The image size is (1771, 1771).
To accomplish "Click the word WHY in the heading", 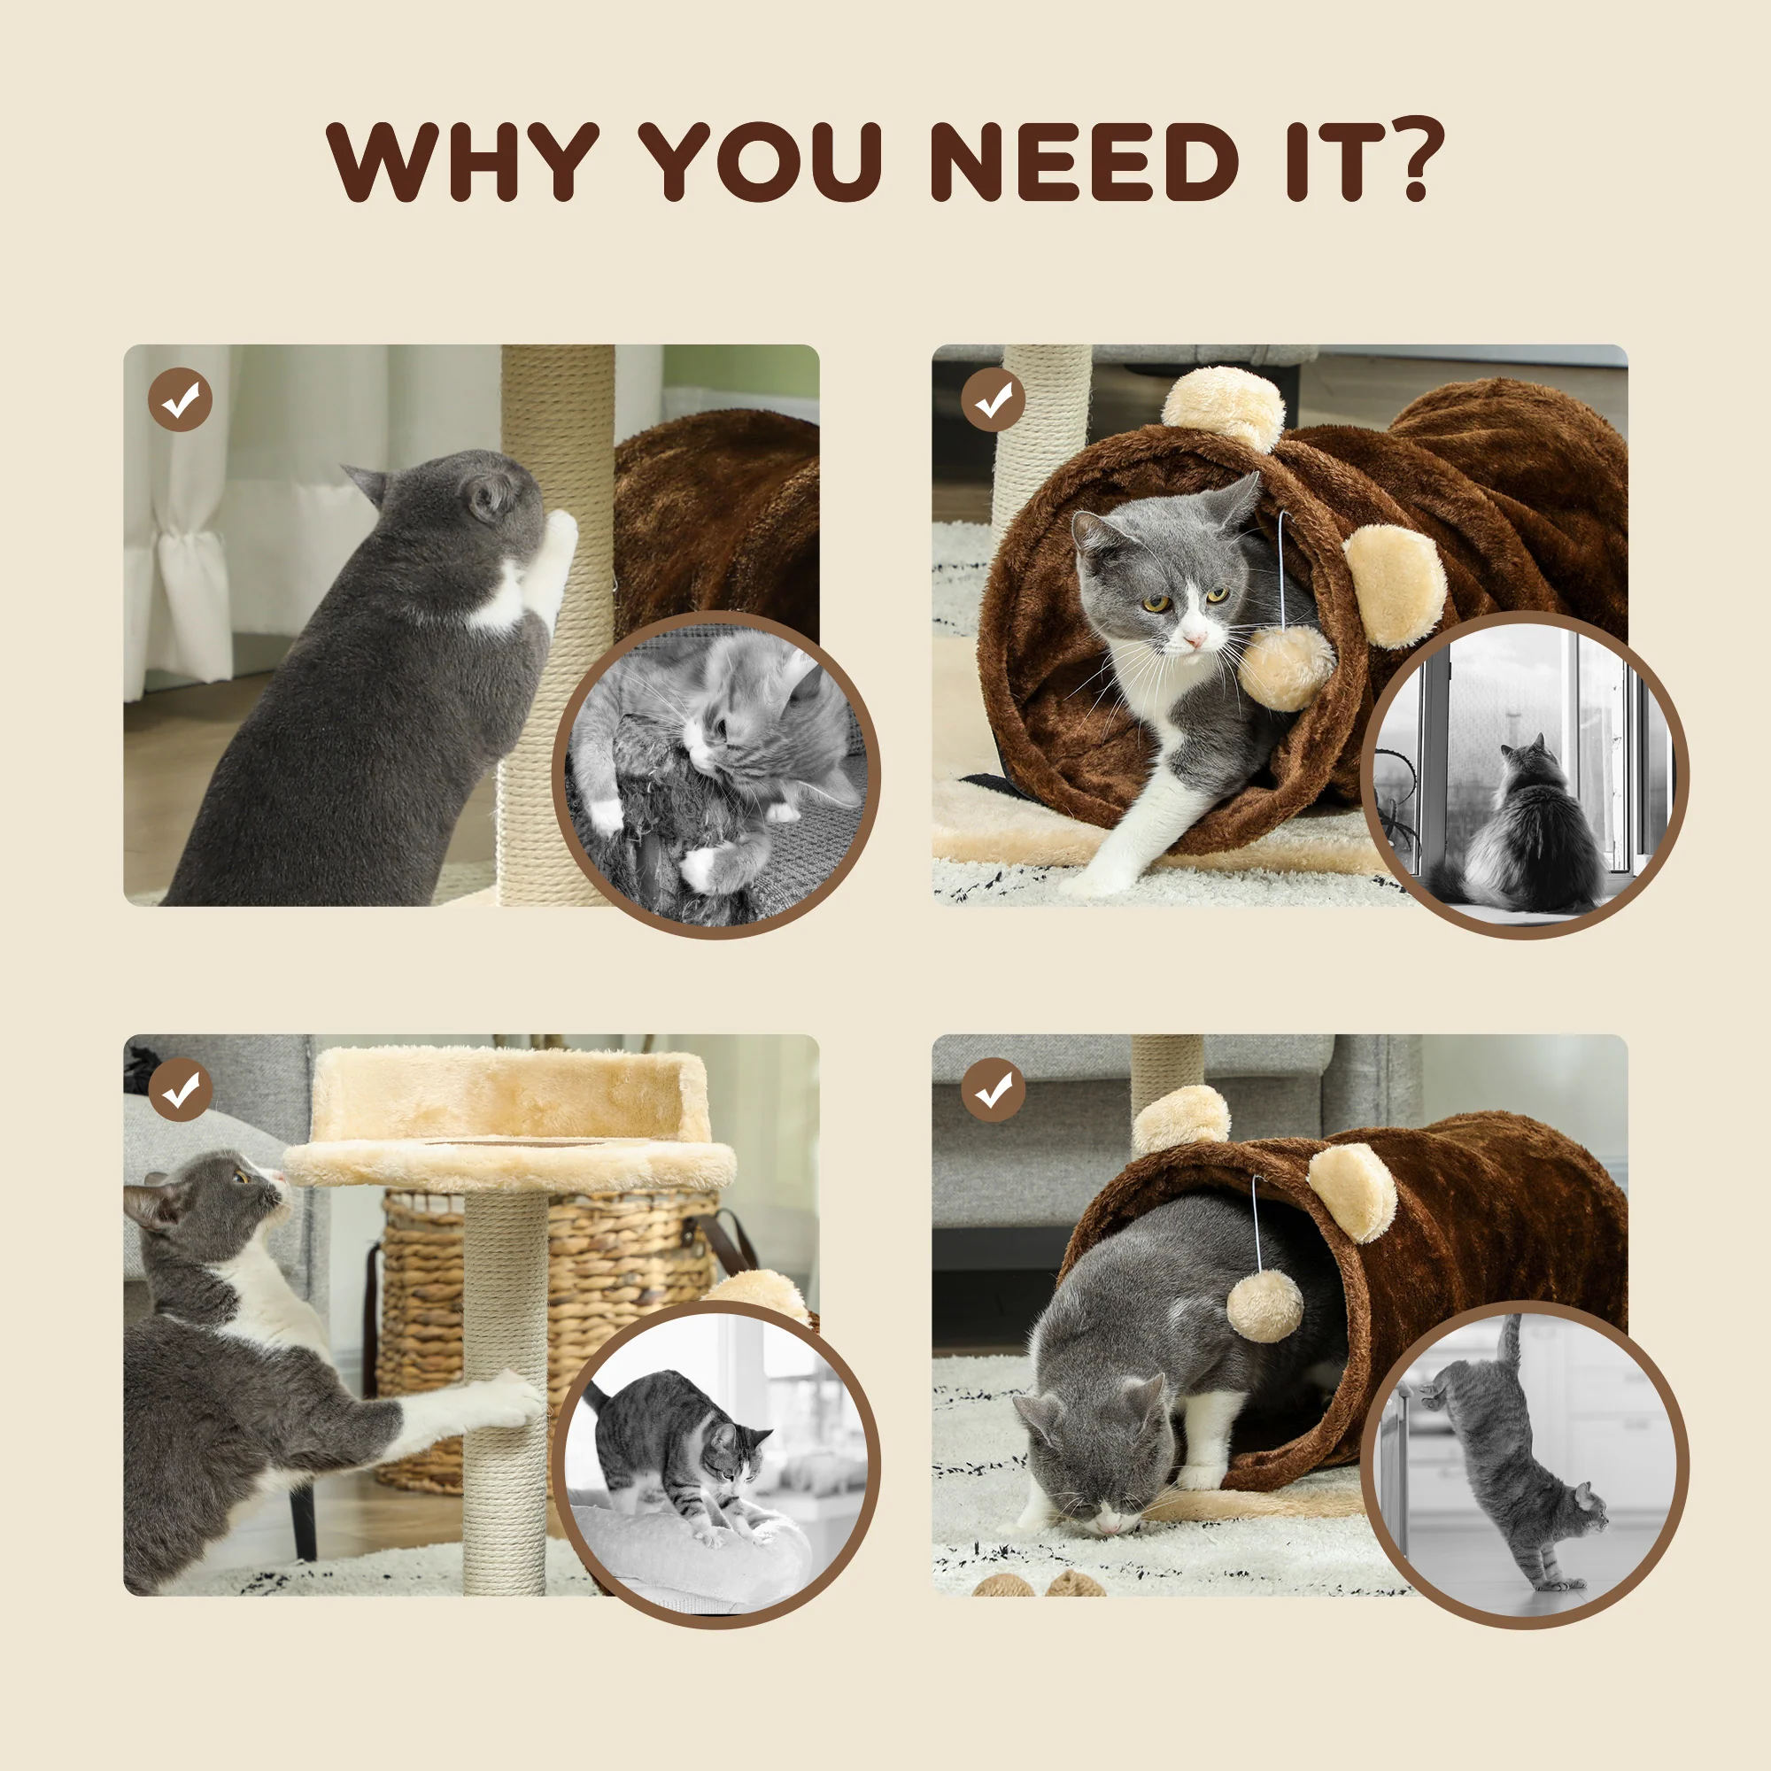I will click(463, 161).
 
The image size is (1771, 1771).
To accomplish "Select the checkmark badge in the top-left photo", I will click(181, 399).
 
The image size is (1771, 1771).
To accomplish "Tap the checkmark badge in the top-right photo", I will click(993, 399).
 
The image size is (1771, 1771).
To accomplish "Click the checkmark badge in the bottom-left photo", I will click(181, 1090).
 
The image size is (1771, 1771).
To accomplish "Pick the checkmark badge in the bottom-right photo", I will click(993, 1090).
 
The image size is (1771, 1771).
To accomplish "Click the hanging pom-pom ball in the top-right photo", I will click(1287, 667).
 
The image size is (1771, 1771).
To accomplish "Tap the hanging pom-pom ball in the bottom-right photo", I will click(1265, 1306).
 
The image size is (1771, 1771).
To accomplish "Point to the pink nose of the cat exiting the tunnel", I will click(1193, 640).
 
